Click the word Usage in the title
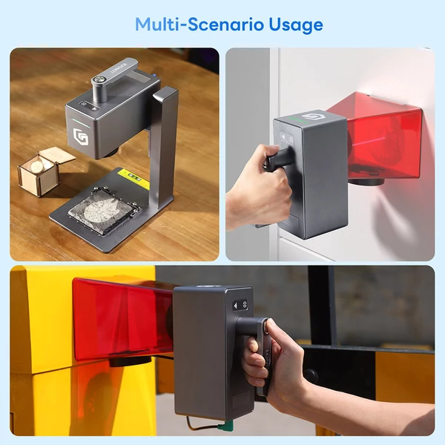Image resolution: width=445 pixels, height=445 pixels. (x=296, y=26)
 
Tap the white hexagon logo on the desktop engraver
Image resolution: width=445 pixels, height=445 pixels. (x=80, y=136)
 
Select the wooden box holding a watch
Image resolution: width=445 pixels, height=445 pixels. (x=42, y=171)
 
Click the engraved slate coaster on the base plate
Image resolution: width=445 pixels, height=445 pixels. (x=103, y=209)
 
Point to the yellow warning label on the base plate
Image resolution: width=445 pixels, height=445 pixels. (x=133, y=179)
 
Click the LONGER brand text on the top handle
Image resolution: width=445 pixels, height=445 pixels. (x=118, y=67)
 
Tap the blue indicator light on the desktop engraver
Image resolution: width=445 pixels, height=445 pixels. (x=154, y=76)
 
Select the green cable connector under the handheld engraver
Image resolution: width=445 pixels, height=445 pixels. (x=228, y=425)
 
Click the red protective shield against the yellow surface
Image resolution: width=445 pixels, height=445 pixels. (x=122, y=319)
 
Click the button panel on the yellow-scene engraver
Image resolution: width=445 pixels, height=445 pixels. (x=240, y=306)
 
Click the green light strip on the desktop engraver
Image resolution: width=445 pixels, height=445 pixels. (x=81, y=122)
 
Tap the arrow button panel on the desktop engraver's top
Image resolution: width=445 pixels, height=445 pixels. (x=89, y=105)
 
